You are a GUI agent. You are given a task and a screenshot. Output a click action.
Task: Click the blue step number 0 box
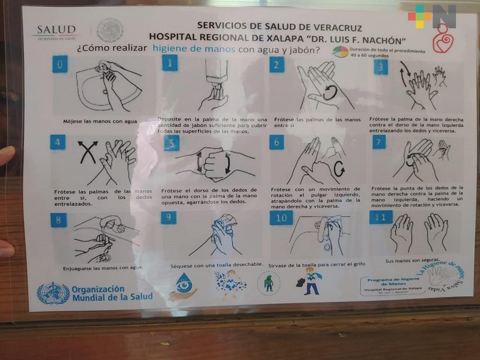[x=60, y=64]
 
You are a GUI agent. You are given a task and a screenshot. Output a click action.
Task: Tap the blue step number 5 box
[x=171, y=143]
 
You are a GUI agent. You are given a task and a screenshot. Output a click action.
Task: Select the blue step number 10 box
[x=281, y=217]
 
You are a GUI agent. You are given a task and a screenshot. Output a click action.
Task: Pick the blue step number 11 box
[x=381, y=217]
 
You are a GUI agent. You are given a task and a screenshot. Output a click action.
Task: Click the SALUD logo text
[x=56, y=30]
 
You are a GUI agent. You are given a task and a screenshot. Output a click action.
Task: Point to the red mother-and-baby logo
[x=443, y=40]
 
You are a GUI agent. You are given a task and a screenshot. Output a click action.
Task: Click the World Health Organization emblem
[x=53, y=292]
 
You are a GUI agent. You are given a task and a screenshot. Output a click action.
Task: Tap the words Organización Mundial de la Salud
[x=112, y=293]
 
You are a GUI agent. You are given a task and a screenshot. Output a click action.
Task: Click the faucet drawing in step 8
[x=111, y=224]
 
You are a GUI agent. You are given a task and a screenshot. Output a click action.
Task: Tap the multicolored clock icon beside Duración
[x=340, y=51]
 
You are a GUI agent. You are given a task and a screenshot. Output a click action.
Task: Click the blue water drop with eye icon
[x=183, y=285]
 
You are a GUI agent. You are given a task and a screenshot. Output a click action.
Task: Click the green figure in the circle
[x=268, y=283]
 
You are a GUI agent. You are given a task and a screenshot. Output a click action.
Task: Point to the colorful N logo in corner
[x=432, y=17]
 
